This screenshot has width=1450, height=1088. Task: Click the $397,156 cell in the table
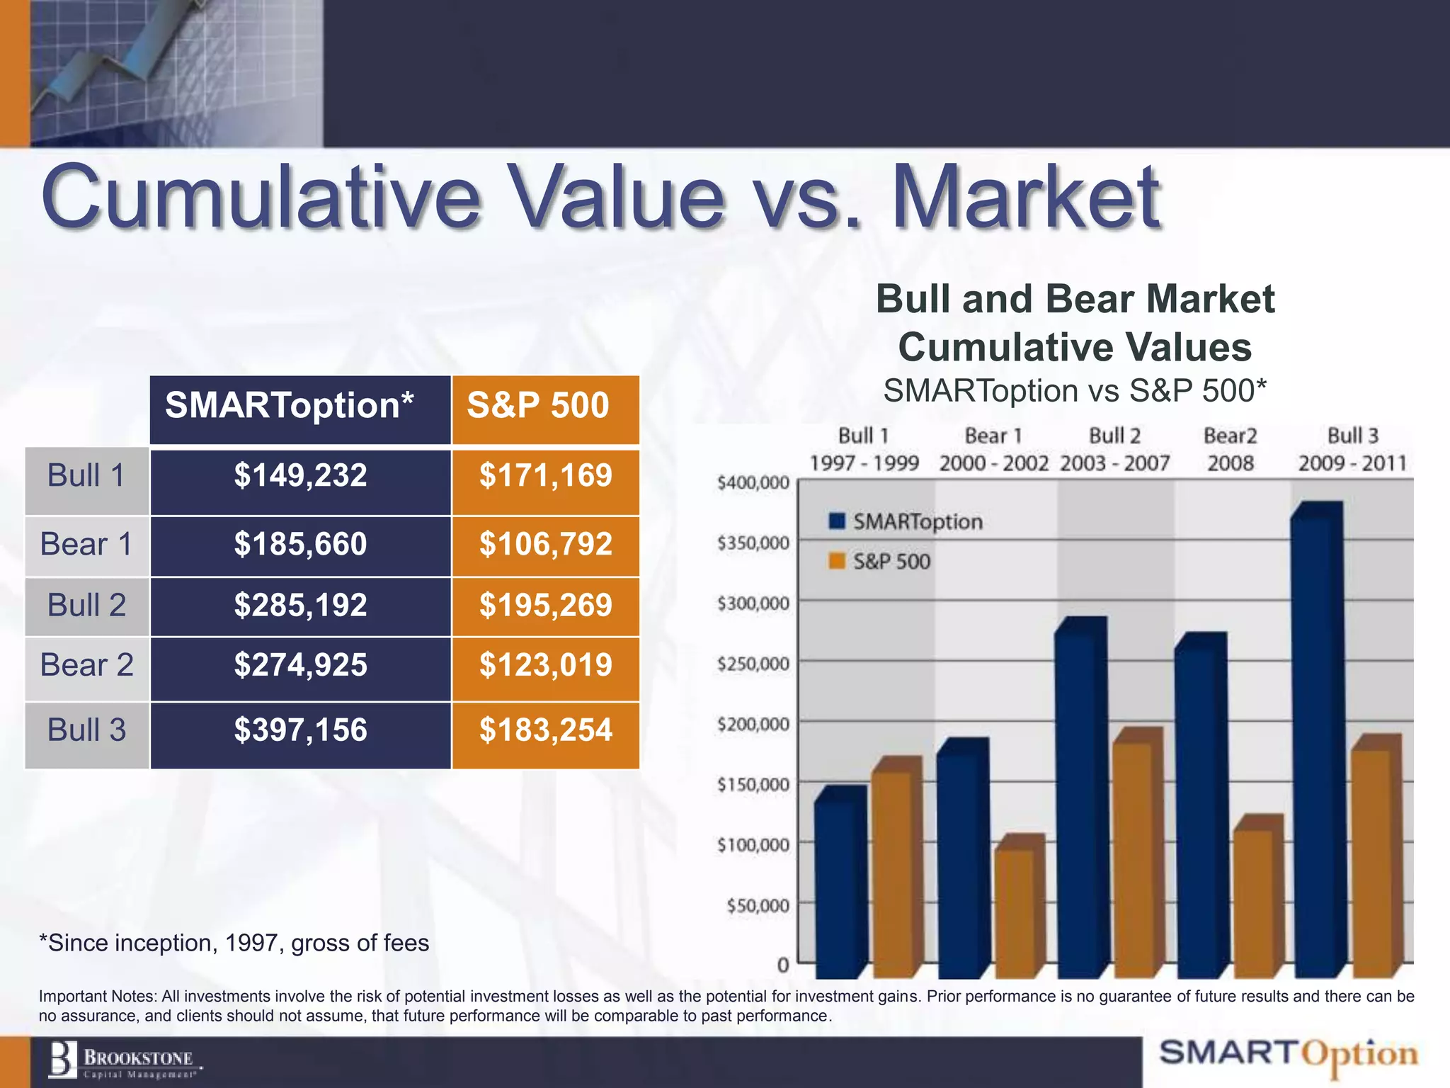click(x=300, y=731)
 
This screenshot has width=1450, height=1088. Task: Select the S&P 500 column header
click(x=545, y=407)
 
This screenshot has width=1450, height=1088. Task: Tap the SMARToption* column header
click(x=300, y=407)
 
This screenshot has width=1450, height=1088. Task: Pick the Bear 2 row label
click(x=86, y=666)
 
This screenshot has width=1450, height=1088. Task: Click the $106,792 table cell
click(x=545, y=545)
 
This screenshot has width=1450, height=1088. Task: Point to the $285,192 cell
click(x=300, y=606)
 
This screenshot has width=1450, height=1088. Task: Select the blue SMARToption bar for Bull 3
click(x=1315, y=744)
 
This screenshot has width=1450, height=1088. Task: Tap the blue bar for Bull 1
click(x=839, y=885)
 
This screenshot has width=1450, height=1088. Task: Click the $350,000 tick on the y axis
click(x=753, y=543)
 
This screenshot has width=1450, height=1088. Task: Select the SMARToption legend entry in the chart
click(x=906, y=522)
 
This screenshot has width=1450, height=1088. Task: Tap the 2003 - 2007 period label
click(x=1114, y=463)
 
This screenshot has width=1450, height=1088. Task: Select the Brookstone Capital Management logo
click(x=124, y=1062)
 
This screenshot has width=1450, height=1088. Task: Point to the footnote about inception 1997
click(x=234, y=943)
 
